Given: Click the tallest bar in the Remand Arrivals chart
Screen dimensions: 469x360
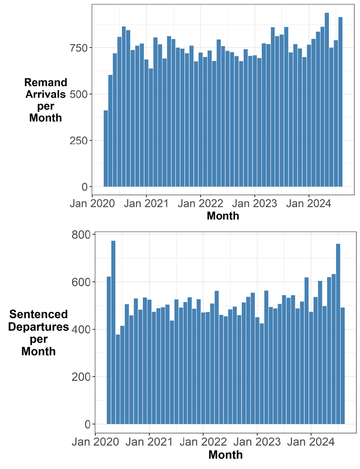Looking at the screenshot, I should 327,99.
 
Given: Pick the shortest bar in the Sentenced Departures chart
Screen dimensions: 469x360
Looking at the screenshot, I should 118,379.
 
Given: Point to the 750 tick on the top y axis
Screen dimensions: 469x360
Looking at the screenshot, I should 79,48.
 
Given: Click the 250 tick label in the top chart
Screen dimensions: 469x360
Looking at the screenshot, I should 79,141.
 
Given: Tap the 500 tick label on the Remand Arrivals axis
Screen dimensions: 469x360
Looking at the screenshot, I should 79,94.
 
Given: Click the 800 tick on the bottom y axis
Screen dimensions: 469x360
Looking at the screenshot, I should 81,235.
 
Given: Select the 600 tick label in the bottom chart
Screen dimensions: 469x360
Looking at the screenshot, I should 81,282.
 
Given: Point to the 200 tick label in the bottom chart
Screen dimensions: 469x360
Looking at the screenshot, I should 81,377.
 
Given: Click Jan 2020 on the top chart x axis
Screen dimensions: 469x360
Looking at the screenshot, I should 92,204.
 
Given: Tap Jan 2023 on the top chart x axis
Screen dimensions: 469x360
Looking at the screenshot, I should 254,204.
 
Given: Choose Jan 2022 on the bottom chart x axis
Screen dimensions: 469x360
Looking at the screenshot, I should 203,442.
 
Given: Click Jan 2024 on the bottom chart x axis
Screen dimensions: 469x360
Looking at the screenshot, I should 311,442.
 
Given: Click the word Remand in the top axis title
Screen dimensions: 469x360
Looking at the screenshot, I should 46,82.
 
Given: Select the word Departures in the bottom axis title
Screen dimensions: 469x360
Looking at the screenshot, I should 39,327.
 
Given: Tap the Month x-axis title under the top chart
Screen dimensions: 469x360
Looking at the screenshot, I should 223,216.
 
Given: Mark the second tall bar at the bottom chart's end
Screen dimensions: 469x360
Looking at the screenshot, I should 338,333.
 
